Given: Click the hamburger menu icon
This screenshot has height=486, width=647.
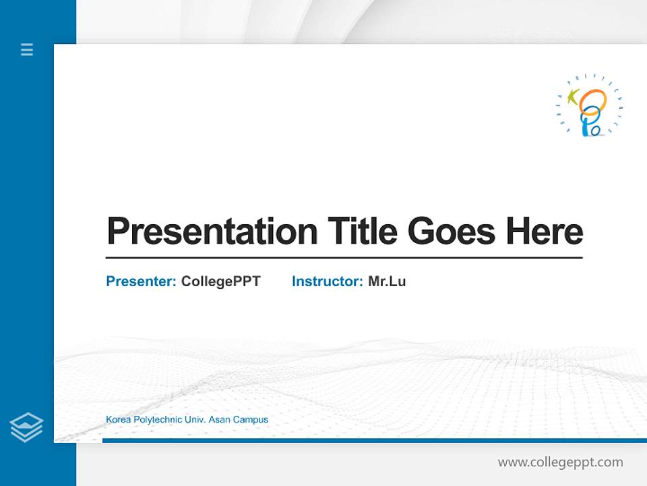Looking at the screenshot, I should click(27, 49).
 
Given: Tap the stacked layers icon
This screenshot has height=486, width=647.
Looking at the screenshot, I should click(26, 427).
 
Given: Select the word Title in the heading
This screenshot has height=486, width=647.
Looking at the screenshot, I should click(363, 231).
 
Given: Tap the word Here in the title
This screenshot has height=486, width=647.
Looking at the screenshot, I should click(545, 231).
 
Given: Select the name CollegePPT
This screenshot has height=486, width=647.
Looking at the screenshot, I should click(221, 281).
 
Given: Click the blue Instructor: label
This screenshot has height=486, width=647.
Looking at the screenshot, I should click(328, 281).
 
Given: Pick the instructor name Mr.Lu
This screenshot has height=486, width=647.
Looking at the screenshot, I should click(387, 281).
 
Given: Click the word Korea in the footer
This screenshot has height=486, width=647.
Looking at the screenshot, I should click(118, 420).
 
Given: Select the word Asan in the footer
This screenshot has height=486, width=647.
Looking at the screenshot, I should click(220, 420).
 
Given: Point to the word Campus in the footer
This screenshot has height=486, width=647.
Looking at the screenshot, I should click(251, 420).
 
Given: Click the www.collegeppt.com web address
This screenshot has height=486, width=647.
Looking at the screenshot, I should click(560, 462).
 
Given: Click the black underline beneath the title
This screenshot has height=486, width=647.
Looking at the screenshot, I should click(344, 258).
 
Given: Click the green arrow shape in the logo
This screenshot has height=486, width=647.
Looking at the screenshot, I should click(573, 97).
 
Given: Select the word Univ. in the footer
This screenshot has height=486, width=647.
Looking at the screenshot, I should click(195, 420).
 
